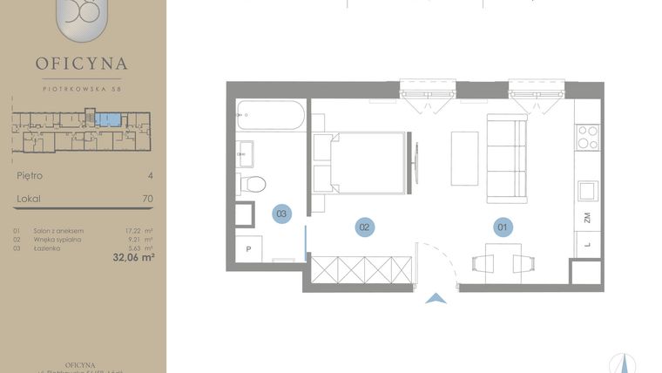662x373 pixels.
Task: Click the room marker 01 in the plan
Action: pyautogui.click(x=501, y=227)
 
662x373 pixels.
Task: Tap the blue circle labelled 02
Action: pyautogui.click(x=364, y=227)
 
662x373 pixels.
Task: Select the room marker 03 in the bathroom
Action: pyautogui.click(x=280, y=213)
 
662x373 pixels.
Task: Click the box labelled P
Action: pyautogui.click(x=249, y=248)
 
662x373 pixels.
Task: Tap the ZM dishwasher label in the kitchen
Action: pyautogui.click(x=587, y=219)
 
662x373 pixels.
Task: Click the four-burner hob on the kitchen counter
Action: pyautogui.click(x=588, y=138)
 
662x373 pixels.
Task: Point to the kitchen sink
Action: pyautogui.click(x=588, y=189)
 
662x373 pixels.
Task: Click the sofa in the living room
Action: pyautogui.click(x=506, y=158)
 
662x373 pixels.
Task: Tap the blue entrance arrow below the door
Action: pyautogui.click(x=436, y=299)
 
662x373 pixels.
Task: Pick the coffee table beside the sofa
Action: pyautogui.click(x=464, y=158)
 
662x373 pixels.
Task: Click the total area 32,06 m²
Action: pyautogui.click(x=133, y=257)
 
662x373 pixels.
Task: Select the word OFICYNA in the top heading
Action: pyautogui.click(x=82, y=63)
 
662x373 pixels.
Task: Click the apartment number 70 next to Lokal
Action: pyautogui.click(x=147, y=199)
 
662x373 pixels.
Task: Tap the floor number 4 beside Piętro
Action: pyautogui.click(x=150, y=175)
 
